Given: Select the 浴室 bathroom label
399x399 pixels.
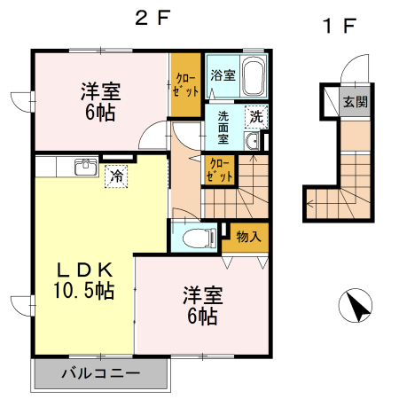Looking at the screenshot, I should pyautogui.click(x=223, y=75).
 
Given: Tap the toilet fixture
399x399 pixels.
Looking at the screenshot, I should pyautogui.click(x=199, y=237).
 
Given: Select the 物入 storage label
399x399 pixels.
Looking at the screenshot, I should pyautogui.click(x=248, y=236).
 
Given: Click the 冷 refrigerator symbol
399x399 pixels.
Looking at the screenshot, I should pyautogui.click(x=116, y=176).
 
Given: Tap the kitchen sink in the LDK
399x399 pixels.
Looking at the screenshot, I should pyautogui.click(x=86, y=167).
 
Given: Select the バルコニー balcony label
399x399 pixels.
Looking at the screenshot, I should pyautogui.click(x=99, y=373).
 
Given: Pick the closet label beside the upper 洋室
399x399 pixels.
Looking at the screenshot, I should pyautogui.click(x=186, y=85).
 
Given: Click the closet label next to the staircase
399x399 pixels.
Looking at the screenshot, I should pyautogui.click(x=220, y=168).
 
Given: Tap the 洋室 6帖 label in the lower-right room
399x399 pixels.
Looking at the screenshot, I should pyautogui.click(x=201, y=304).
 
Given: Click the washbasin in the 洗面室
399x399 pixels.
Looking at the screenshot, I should pyautogui.click(x=252, y=143).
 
